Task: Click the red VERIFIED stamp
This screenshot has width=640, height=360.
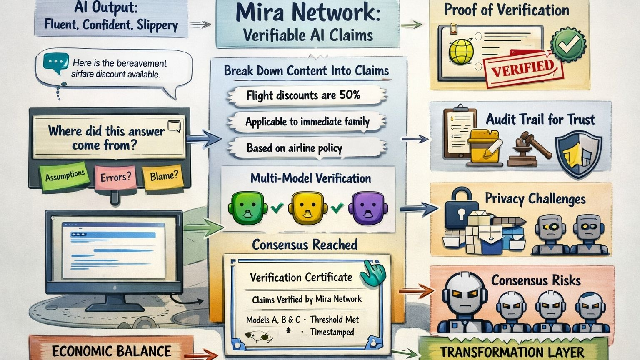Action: pyautogui.click(x=523, y=68)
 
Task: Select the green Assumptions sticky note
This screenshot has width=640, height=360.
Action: pyautogui.click(x=65, y=176)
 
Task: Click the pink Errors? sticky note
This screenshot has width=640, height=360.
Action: pyautogui.click(x=115, y=177)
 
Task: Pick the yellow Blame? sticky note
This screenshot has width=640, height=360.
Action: pyautogui.click(x=164, y=176)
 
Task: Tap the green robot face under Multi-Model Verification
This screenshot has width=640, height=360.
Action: pyautogui.click(x=247, y=207)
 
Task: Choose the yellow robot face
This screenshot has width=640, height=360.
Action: pyautogui.click(x=309, y=207)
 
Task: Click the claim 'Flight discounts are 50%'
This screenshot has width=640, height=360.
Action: pyautogui.click(x=303, y=95)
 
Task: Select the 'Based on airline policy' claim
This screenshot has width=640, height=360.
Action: pyautogui.click(x=295, y=148)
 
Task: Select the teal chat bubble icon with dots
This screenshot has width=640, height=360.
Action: pyautogui.click(x=55, y=63)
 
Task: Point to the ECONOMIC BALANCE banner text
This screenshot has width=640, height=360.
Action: pyautogui.click(x=112, y=351)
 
